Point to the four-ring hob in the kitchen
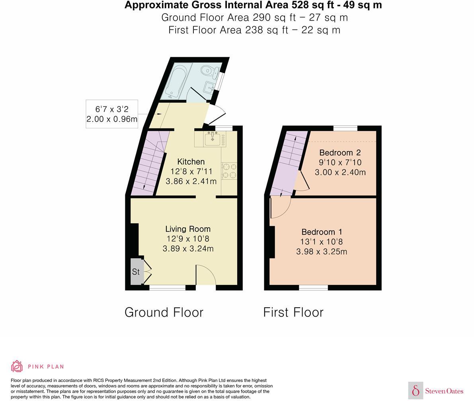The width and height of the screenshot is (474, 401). (x=229, y=171)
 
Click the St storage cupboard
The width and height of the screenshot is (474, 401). (x=136, y=272)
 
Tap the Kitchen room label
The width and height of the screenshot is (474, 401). (x=191, y=162)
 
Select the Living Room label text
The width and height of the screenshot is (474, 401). (x=188, y=229)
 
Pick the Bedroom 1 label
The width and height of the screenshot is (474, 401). (x=322, y=232)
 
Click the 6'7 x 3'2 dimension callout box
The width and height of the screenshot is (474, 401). (x=112, y=114)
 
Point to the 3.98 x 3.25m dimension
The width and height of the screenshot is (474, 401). (x=322, y=252)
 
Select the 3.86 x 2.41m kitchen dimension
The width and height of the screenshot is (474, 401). (x=191, y=181)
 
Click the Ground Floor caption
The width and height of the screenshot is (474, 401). (x=164, y=312)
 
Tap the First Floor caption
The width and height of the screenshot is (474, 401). (x=293, y=312)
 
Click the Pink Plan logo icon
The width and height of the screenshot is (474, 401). (x=17, y=366)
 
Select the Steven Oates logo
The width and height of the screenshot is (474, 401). (x=436, y=391)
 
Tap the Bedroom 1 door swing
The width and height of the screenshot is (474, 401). (x=280, y=207)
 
